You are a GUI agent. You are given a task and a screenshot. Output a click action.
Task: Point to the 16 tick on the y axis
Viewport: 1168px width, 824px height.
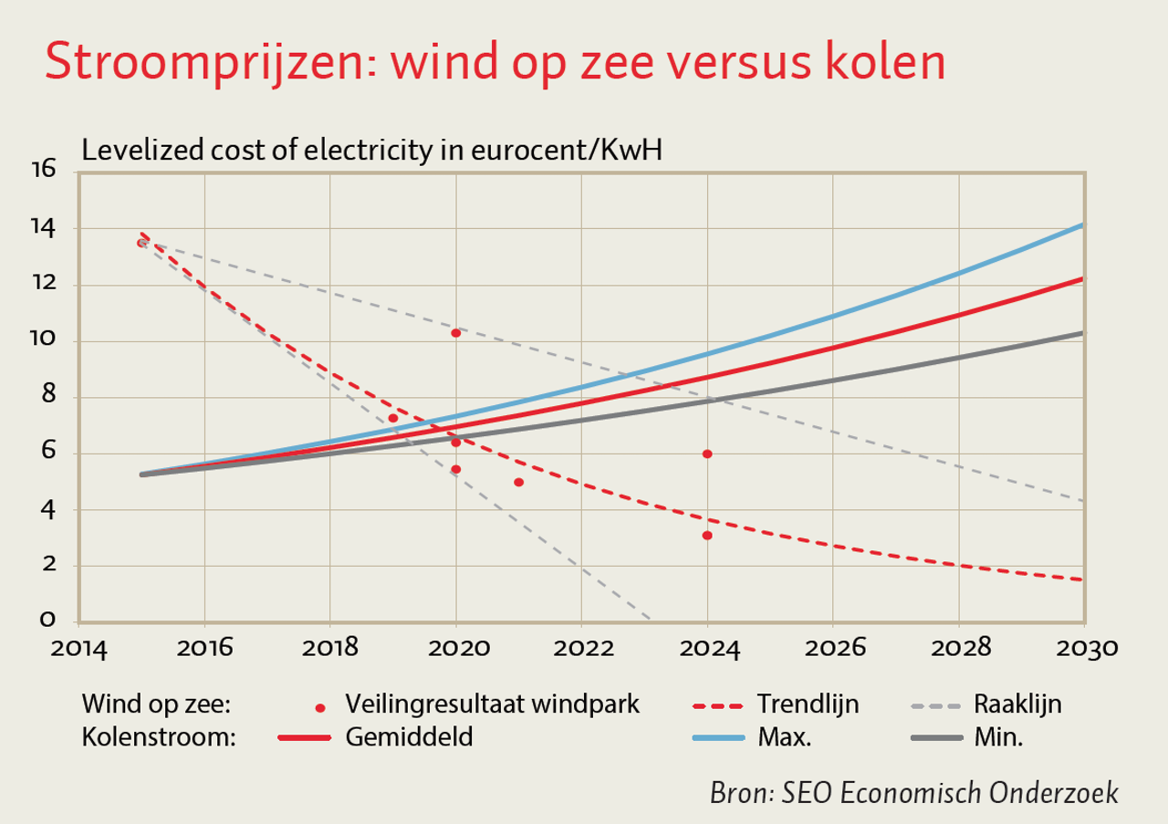[x=43, y=171]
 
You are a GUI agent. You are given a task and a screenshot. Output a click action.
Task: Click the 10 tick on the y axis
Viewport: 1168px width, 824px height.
[x=43, y=340]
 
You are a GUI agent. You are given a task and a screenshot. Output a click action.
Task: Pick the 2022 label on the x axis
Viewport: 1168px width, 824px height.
[x=581, y=649]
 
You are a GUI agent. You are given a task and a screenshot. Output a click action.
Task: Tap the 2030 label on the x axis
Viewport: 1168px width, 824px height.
[x=1084, y=649]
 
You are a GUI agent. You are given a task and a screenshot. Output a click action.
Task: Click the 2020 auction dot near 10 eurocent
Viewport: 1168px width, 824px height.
[x=455, y=333]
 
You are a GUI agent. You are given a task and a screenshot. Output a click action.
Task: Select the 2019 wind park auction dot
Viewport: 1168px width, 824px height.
[x=392, y=418]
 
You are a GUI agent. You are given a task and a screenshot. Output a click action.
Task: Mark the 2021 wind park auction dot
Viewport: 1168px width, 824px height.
[x=518, y=482]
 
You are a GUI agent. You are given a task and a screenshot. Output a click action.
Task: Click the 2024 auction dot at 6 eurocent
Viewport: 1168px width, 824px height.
[x=707, y=454]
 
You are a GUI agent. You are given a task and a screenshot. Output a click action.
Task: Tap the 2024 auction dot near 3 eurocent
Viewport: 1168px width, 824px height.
[x=707, y=535]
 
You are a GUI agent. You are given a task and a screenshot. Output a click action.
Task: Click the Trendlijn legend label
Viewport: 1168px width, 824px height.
[x=808, y=704]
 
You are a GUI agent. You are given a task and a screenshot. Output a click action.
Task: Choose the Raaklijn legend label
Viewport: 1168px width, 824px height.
[x=1017, y=704]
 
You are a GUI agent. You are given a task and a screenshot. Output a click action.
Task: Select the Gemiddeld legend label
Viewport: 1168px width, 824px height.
[x=409, y=737]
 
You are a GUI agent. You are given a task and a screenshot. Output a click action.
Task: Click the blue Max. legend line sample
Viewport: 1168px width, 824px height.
[x=719, y=737]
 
